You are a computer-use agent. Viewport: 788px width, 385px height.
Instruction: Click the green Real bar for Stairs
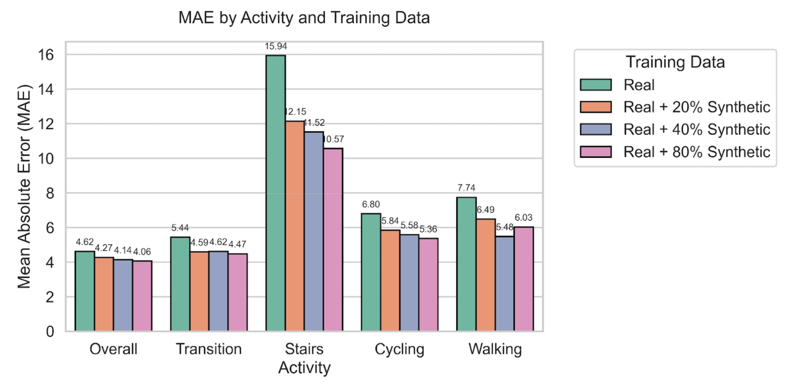coord(275,194)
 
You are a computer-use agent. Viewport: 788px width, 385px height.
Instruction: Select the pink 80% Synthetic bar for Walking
coord(524,279)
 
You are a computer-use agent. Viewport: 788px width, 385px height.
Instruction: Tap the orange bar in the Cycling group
coord(390,281)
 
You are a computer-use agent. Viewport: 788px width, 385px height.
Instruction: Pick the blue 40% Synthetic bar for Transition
coord(218,291)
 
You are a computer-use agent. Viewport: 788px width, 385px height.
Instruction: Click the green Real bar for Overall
coord(84,291)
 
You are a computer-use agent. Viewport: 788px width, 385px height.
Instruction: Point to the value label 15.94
coord(275,47)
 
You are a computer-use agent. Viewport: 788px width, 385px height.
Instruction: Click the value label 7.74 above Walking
coord(466,188)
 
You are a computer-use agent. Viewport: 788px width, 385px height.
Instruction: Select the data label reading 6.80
coord(371,205)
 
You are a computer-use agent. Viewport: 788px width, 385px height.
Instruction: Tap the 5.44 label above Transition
coord(180,228)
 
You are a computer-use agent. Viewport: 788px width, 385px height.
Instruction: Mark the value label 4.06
coord(142,252)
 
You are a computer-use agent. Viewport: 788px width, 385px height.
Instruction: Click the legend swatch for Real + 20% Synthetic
coord(596,107)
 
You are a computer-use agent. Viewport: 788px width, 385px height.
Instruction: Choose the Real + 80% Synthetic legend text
coord(696,152)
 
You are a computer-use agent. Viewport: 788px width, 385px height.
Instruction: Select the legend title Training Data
coord(675,62)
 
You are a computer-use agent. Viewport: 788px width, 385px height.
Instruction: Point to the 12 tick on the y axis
coord(46,124)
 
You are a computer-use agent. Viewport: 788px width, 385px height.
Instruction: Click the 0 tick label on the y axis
coord(50,332)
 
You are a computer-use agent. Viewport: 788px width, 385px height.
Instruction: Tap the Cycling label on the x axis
coord(399,349)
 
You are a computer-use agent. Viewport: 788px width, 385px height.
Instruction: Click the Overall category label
coord(113,349)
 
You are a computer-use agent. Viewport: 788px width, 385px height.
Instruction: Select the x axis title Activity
coord(304,368)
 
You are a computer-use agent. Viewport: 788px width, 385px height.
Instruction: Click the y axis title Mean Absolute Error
coord(24,186)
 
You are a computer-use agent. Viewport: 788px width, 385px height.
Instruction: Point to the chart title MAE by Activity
coord(304,18)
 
